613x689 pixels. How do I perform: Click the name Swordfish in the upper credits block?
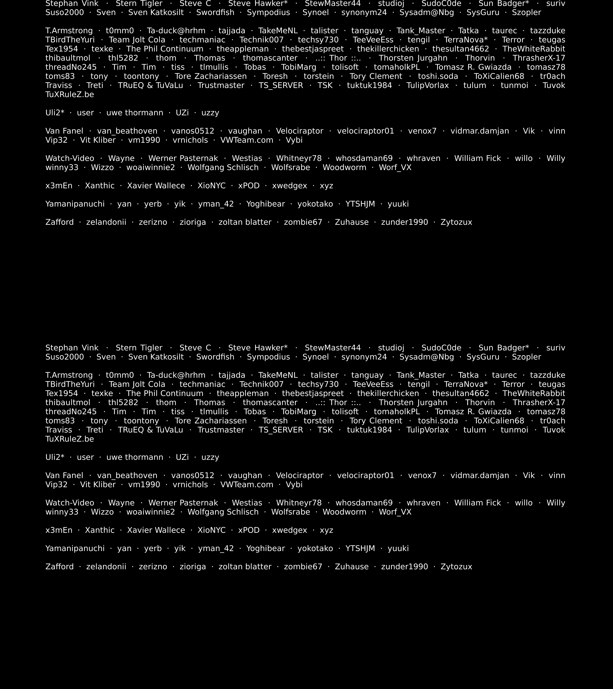click(x=215, y=12)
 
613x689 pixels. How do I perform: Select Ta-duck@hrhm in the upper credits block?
click(x=176, y=31)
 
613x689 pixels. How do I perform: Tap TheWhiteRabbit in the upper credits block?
click(x=534, y=49)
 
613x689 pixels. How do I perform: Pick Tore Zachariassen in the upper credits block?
click(x=211, y=76)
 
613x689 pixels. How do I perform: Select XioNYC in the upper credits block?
click(x=211, y=186)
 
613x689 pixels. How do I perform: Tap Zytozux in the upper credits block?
click(x=456, y=222)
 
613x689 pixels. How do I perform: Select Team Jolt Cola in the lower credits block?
click(x=137, y=384)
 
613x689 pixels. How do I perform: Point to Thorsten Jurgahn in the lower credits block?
click(x=413, y=403)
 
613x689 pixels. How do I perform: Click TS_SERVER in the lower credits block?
click(x=281, y=430)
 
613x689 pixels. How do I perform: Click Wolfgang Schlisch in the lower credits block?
click(x=223, y=512)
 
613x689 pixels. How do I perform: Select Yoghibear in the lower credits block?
click(x=266, y=548)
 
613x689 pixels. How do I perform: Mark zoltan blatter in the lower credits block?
click(x=245, y=567)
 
